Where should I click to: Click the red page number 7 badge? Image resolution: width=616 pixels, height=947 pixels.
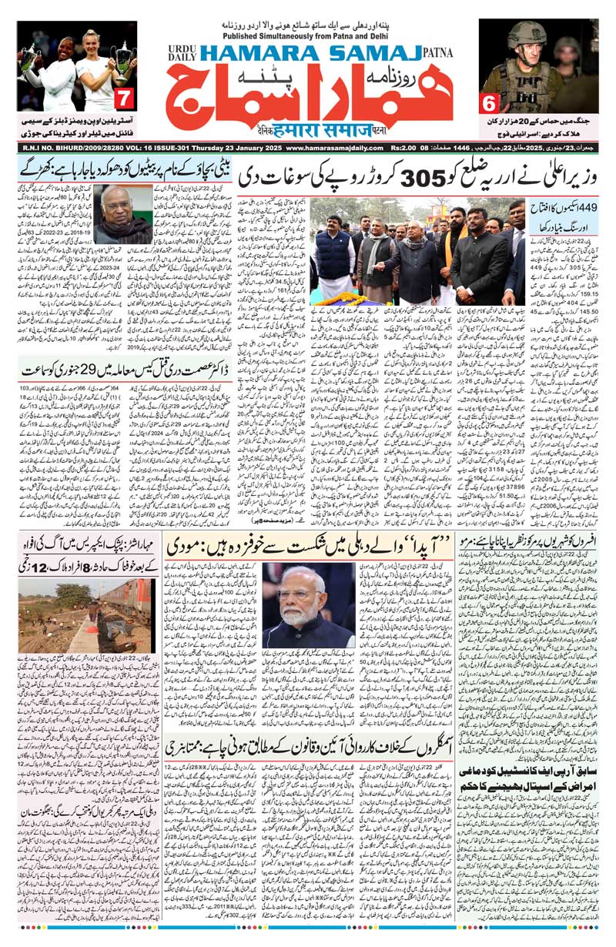click(124, 99)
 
